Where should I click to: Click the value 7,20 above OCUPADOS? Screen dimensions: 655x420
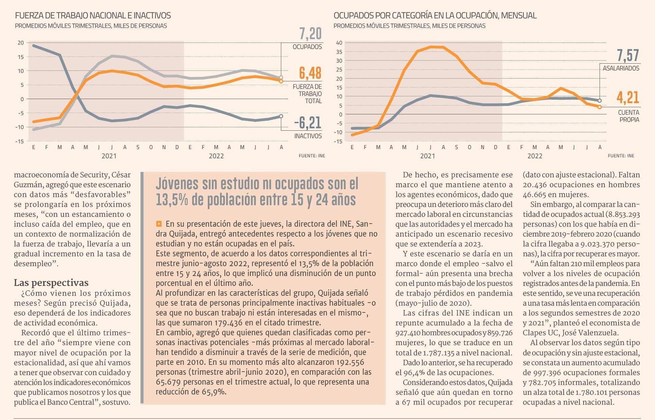310,34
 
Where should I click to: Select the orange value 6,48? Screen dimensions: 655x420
310,73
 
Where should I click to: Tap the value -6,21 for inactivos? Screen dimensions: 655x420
308,123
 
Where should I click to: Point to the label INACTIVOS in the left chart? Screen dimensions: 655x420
308,136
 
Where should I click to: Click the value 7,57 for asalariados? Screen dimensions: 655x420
628,55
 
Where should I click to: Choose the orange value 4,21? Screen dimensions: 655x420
628,98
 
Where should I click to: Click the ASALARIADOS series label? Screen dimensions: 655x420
621,68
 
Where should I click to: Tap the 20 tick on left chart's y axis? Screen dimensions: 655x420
21,43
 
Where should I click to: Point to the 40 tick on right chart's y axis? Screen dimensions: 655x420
339,43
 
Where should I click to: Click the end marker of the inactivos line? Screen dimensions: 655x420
281,116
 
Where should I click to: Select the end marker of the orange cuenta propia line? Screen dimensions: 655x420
600,107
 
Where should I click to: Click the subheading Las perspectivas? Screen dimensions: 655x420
51,283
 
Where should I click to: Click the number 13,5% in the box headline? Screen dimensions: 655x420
172,200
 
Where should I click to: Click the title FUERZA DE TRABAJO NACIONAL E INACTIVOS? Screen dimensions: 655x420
93,16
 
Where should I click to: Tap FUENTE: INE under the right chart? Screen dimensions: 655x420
621,156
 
